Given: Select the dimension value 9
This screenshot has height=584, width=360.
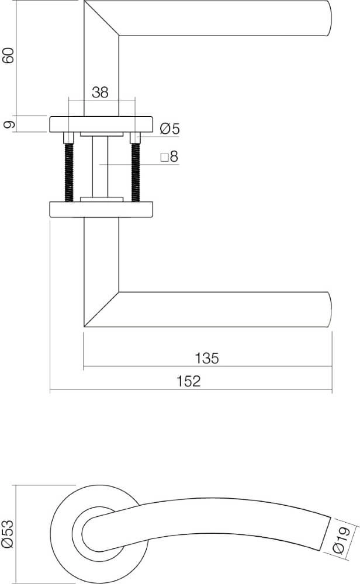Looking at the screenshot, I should click(8, 124).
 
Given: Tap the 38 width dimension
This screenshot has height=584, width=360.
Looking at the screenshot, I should click(100, 92).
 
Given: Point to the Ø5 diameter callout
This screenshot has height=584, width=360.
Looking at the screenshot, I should click(169, 130).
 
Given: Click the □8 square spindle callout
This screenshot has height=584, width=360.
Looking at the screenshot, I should click(168, 157).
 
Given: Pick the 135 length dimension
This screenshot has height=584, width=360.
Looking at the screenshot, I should click(207, 358).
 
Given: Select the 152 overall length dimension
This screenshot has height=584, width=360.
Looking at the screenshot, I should click(188, 381).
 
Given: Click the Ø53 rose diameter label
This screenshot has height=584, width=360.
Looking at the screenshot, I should click(8, 534).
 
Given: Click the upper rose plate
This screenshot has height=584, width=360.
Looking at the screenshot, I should click(101, 124).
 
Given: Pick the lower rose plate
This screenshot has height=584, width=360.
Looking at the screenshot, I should click(101, 209).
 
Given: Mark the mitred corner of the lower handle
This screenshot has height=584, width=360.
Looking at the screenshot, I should click(102, 308).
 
